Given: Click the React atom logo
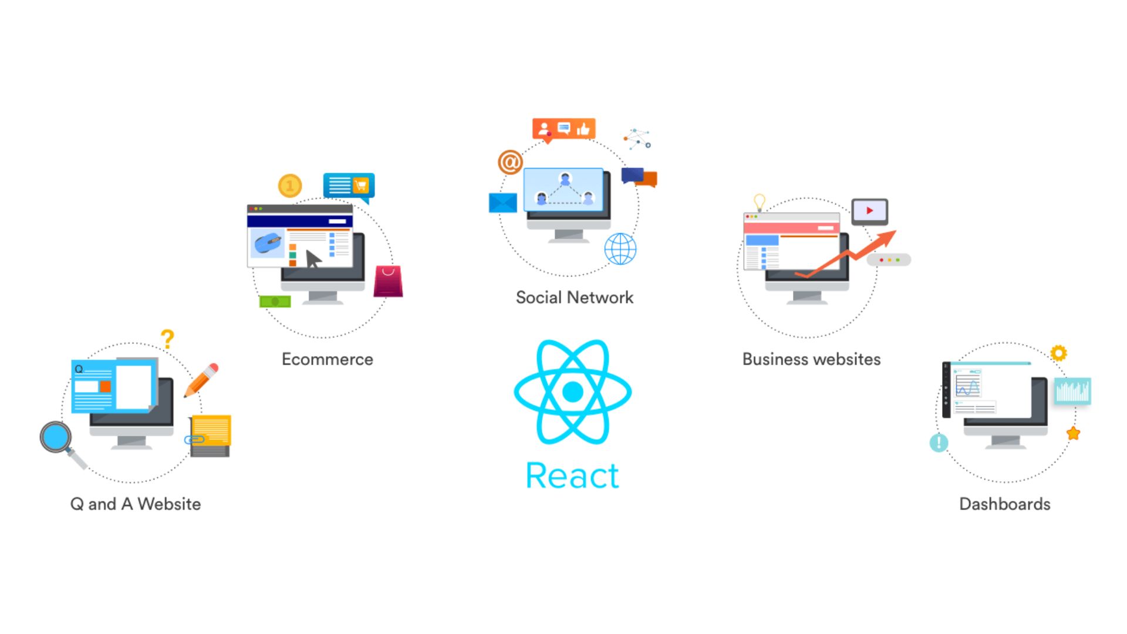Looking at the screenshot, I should (x=572, y=392).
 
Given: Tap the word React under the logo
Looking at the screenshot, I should (x=572, y=475).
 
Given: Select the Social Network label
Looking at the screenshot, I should (x=575, y=298).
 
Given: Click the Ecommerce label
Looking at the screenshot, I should (x=328, y=359).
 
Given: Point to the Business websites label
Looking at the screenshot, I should (x=811, y=359).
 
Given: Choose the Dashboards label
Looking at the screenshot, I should (x=1004, y=504).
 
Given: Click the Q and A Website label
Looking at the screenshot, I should (x=136, y=504).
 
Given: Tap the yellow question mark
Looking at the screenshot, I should (x=167, y=339).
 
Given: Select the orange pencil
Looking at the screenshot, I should (x=201, y=380).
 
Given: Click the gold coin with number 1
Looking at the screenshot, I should (x=289, y=186).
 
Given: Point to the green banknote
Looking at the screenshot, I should (x=275, y=302).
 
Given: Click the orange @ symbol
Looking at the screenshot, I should (x=510, y=161).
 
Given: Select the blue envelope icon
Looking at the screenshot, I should (x=502, y=203).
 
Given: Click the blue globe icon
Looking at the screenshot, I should (x=620, y=248).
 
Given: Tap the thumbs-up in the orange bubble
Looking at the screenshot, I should (x=583, y=129).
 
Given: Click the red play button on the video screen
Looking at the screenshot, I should (x=869, y=211).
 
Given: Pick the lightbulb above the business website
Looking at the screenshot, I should (x=760, y=202).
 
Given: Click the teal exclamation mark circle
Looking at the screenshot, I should (x=939, y=442).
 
